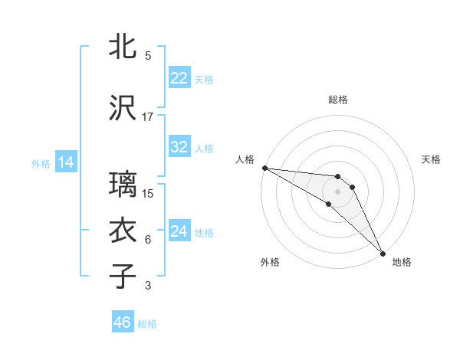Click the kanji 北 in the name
(x=123, y=47)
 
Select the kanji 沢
(x=123, y=108)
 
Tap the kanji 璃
(x=123, y=185)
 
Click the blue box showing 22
(x=179, y=78)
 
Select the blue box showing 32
(x=179, y=147)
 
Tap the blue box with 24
(x=179, y=232)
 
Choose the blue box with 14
(x=66, y=162)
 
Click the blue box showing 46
(x=123, y=322)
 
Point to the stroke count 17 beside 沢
(x=148, y=116)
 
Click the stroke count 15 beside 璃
(x=148, y=193)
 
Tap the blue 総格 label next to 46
(x=147, y=324)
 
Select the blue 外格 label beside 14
(x=41, y=163)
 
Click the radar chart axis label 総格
(x=338, y=100)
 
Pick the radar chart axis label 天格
(x=432, y=159)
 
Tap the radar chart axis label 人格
(x=245, y=159)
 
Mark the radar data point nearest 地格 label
(x=383, y=253)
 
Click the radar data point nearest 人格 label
(x=264, y=168)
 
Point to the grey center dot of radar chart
(x=338, y=191)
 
